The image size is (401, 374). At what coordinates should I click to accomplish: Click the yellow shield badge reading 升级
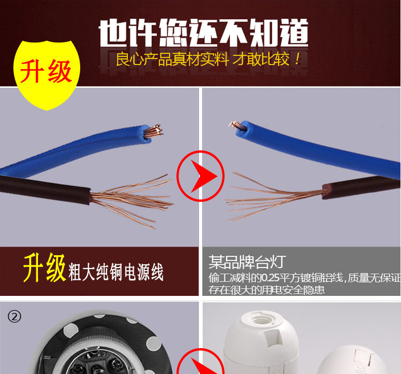click(46, 71)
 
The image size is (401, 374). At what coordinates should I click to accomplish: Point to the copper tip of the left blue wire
click(155, 130)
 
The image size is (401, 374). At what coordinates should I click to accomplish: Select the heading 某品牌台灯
click(247, 262)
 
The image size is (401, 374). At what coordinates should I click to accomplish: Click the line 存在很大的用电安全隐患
click(267, 290)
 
